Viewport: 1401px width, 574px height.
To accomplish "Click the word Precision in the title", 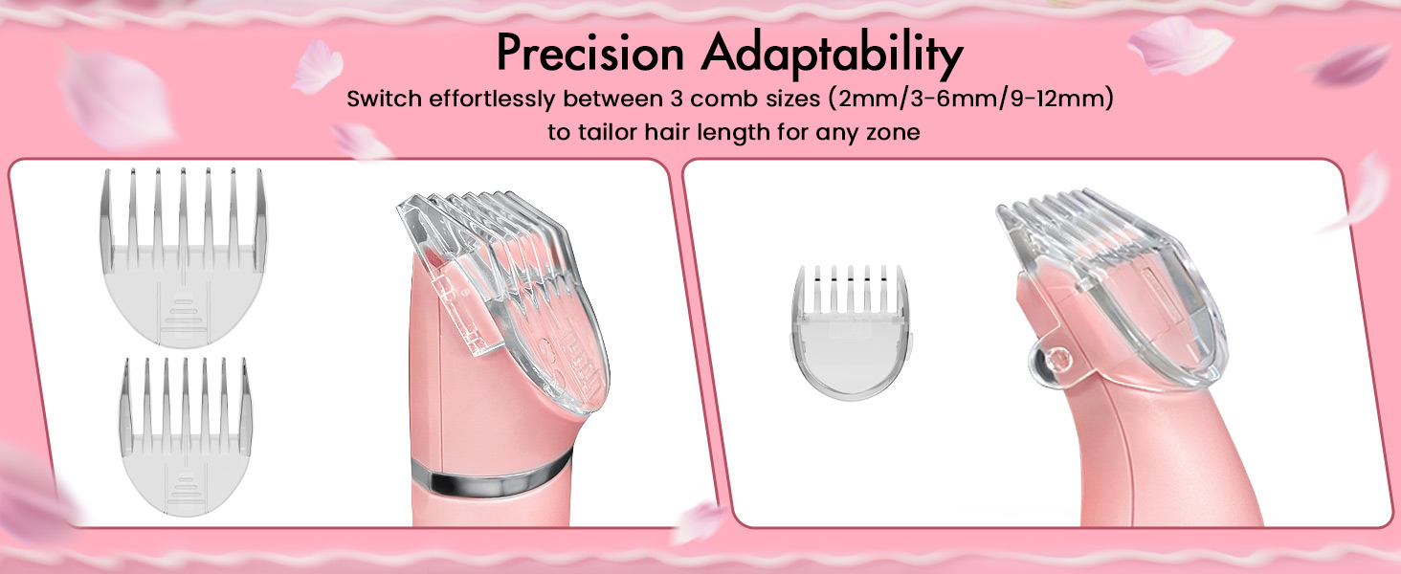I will coord(591,55).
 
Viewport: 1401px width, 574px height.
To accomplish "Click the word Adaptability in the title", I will coord(832,56).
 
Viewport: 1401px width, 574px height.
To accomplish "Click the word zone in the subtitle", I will coord(892,132).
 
